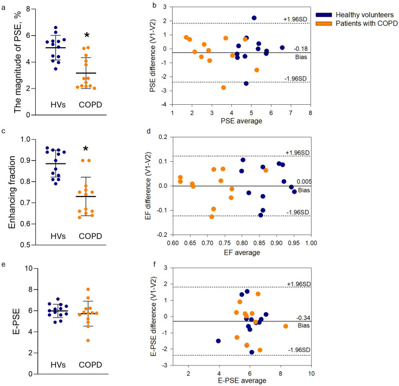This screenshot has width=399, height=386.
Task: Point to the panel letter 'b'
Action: point(140,5)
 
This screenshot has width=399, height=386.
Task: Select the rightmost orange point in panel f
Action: point(286,326)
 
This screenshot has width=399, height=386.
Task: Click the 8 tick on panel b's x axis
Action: point(311,113)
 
